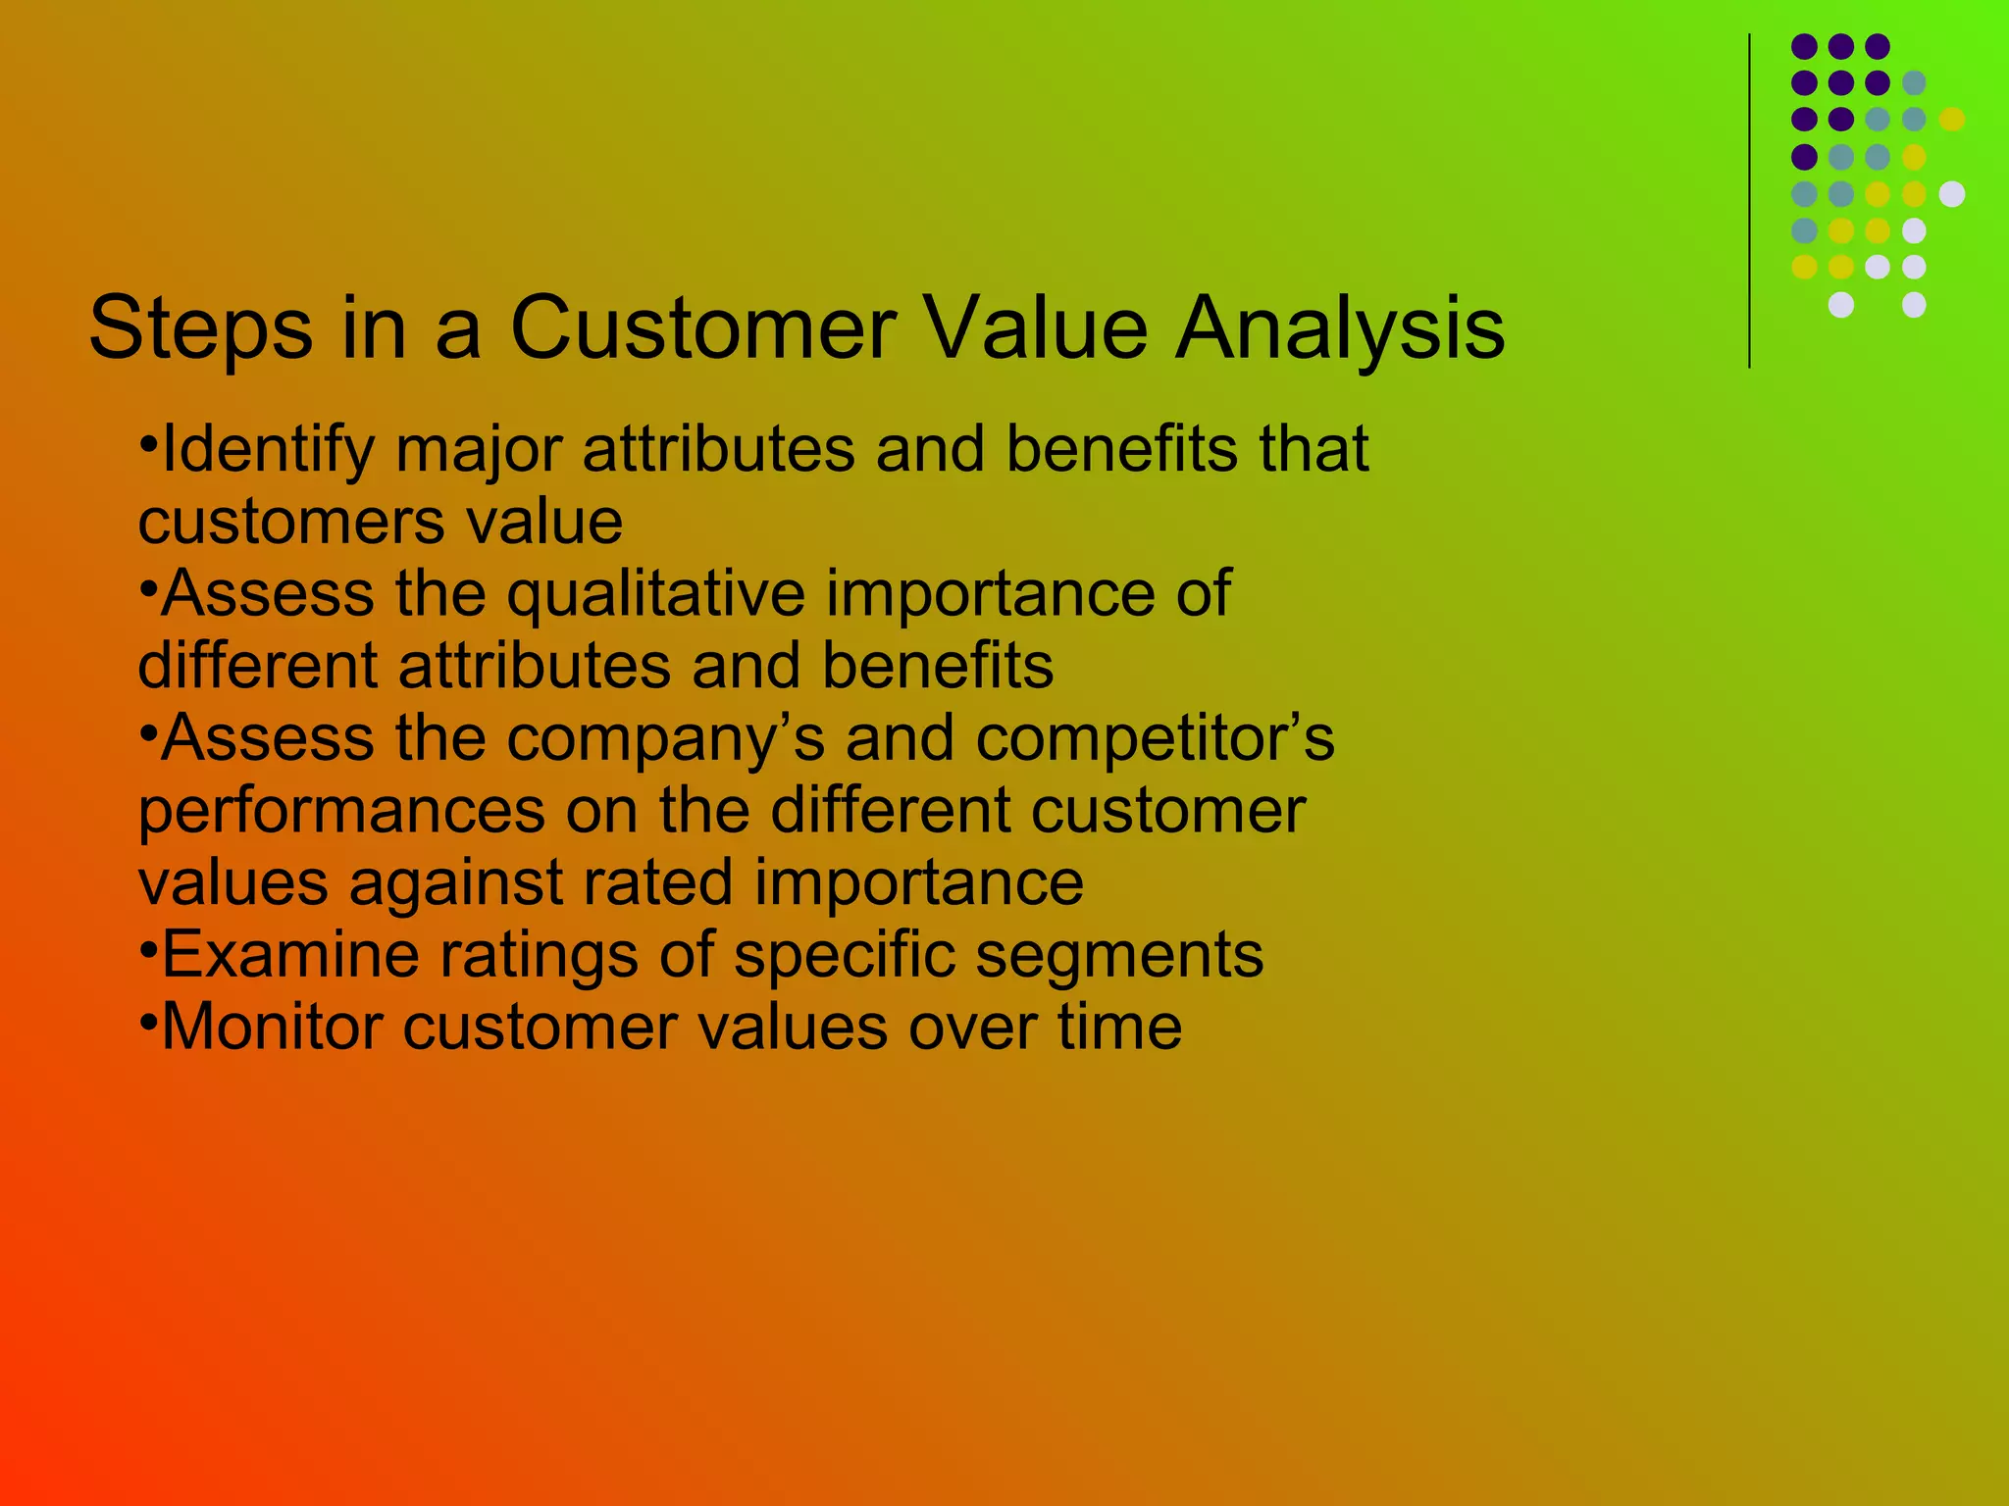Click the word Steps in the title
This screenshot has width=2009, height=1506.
click(200, 328)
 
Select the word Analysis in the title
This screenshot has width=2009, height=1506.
click(1340, 328)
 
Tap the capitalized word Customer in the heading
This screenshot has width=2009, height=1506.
click(702, 328)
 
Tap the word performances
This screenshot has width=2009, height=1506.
click(341, 812)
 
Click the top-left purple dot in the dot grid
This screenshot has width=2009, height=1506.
click(1804, 46)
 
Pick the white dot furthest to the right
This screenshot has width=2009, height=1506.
click(1952, 194)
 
